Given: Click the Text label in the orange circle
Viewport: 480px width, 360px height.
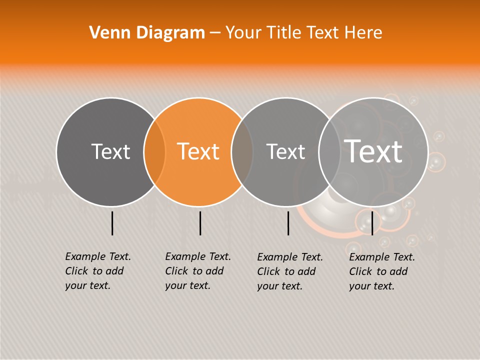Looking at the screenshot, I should [x=198, y=151].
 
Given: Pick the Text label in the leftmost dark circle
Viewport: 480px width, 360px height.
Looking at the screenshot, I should [x=110, y=151].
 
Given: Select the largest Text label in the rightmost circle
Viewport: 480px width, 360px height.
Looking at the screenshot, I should [x=373, y=151].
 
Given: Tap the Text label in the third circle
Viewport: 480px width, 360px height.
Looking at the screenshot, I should [x=285, y=151].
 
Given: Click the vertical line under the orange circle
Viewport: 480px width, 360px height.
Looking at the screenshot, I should [x=200, y=223].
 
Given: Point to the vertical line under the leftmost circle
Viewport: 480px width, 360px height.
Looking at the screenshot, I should [x=112, y=223].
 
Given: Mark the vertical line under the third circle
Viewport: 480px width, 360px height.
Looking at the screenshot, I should [x=288, y=223].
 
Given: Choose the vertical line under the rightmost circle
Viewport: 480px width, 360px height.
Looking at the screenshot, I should [x=372, y=223].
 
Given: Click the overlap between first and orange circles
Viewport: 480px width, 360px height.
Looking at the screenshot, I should [x=154, y=151].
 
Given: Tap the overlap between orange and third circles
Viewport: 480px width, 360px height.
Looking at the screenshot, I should [x=242, y=151].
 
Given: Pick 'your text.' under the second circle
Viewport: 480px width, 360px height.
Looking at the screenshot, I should [x=188, y=285].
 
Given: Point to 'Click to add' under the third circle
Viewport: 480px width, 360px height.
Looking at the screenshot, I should [x=286, y=271].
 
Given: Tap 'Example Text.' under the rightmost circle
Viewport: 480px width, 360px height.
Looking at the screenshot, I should [x=382, y=257].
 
